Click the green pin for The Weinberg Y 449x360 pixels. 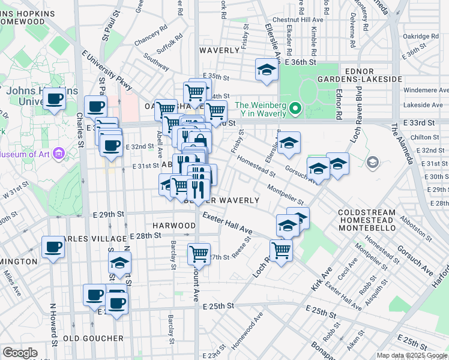[294, 109]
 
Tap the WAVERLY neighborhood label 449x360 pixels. [220, 50]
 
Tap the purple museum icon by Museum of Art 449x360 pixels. [58, 154]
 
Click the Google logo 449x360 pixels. [20, 353]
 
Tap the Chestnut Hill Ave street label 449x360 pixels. [298, 20]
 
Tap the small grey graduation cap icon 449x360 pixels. [372, 162]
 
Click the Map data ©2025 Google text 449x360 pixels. [412, 355]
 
